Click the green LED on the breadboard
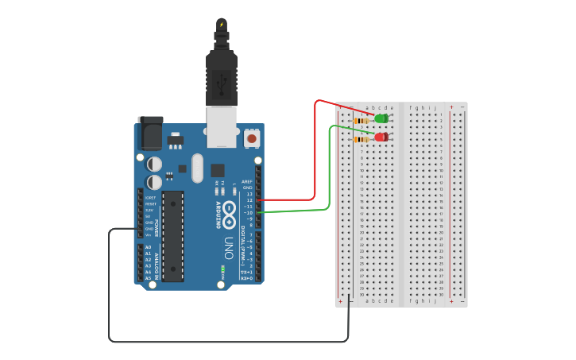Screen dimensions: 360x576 381,119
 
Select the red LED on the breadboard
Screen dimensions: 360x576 381,137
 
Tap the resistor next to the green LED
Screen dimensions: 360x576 361,121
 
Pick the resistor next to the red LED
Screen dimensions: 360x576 361,139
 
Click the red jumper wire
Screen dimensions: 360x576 315,159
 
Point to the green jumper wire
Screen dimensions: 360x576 329,175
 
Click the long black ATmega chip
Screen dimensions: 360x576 173,235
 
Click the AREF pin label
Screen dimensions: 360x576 247,181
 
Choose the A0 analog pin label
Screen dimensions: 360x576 149,248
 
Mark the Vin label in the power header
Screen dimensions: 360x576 149,234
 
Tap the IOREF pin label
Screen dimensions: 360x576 149,197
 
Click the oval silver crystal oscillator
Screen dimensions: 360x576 197,167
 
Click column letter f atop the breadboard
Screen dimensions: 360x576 411,107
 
